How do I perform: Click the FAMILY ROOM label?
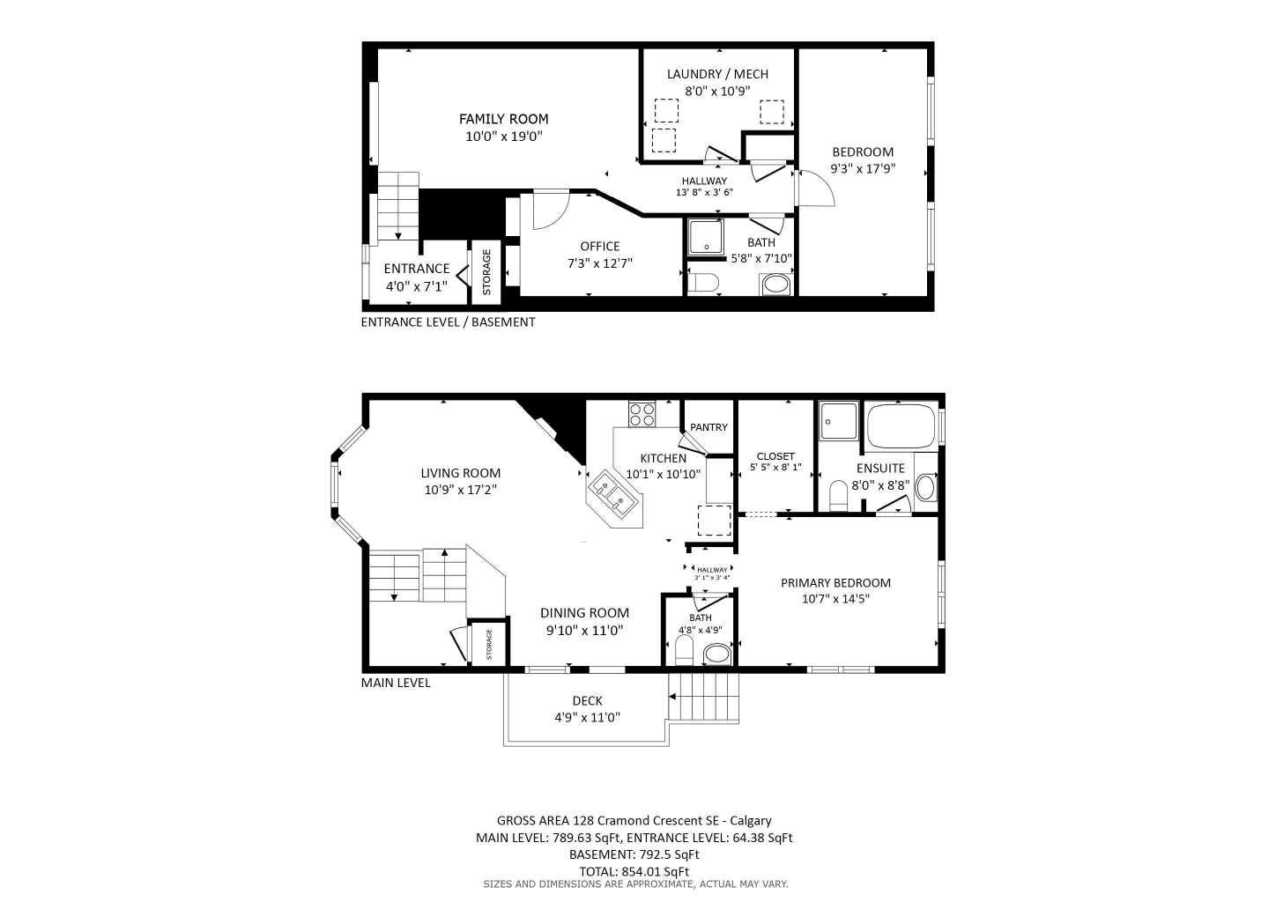pos(503,119)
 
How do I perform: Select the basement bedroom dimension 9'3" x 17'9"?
pos(863,168)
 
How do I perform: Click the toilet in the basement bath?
pos(704,284)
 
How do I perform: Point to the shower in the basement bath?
pos(705,237)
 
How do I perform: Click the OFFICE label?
pos(599,247)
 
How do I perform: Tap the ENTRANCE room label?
pos(417,269)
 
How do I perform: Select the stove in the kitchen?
pos(642,414)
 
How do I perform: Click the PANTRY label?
pos(708,427)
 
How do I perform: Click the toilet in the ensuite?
pos(838,495)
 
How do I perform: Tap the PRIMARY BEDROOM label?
pos(835,583)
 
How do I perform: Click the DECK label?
pos(587,701)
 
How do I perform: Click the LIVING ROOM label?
pos(460,473)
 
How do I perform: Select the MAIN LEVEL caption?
pos(396,683)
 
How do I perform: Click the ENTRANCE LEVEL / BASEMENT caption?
pos(448,322)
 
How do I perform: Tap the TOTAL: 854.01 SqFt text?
pos(634,871)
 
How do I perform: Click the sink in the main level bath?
pos(717,654)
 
